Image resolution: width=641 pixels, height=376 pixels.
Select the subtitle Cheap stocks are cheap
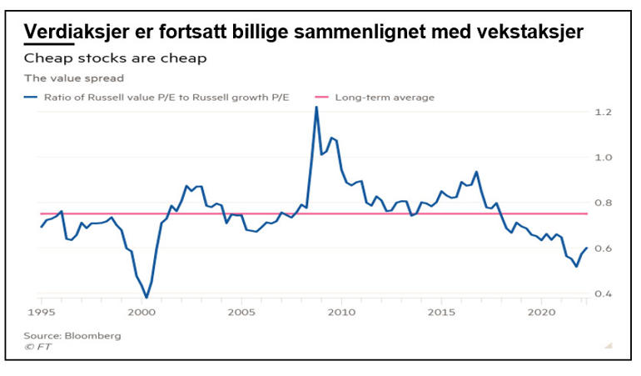(x=115, y=58)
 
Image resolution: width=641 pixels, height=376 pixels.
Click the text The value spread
(x=73, y=78)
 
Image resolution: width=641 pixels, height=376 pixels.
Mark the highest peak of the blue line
(x=316, y=108)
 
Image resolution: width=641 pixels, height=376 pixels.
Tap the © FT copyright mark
(x=37, y=347)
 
